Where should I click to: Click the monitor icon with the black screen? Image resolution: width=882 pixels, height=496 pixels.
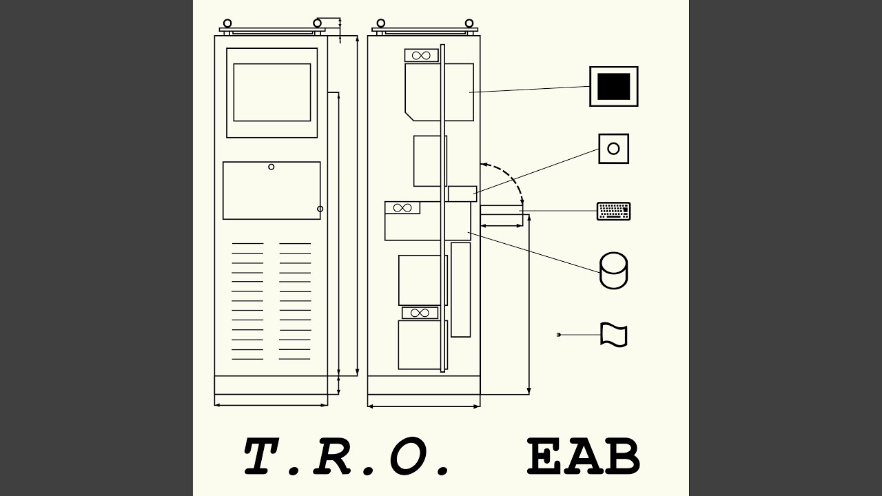(x=613, y=86)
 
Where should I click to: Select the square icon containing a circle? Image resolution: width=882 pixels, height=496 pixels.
(x=613, y=149)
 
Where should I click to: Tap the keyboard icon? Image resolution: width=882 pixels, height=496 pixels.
(x=613, y=211)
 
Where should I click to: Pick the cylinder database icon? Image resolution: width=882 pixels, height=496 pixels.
(x=613, y=271)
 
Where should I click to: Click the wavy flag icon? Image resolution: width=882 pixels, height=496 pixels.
(x=613, y=335)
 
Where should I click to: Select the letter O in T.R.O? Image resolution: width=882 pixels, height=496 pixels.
(x=409, y=455)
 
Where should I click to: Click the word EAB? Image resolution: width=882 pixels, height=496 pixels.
(x=583, y=456)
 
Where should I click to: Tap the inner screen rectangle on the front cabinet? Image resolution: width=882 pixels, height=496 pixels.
(x=272, y=92)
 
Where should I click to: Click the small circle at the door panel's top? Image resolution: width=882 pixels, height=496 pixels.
(x=271, y=167)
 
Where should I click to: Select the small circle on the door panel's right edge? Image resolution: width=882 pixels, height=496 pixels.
(x=320, y=209)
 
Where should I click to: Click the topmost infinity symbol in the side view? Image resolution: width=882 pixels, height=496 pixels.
(x=421, y=56)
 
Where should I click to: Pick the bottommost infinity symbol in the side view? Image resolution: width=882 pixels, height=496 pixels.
(x=420, y=313)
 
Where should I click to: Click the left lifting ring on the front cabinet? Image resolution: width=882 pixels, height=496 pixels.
(x=227, y=23)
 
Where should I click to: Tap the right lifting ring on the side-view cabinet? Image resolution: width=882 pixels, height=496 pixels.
(x=469, y=23)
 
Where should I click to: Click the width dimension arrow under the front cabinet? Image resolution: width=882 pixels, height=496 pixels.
(x=271, y=404)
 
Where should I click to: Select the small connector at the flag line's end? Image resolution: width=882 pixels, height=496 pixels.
(x=558, y=335)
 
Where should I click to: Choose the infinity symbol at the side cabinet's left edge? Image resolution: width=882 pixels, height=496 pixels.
(x=402, y=208)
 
